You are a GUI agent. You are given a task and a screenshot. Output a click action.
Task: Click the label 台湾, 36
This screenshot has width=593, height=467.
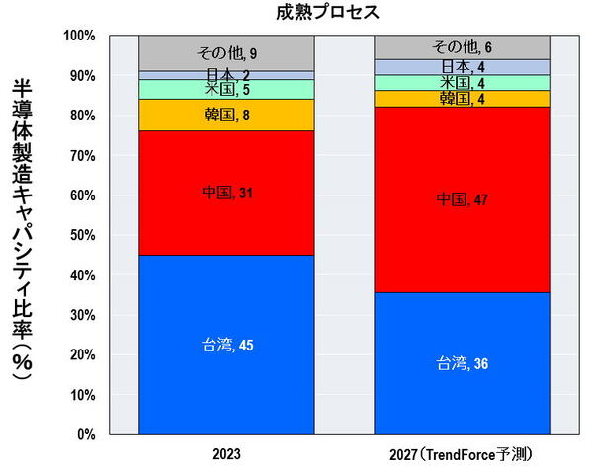[x=463, y=364]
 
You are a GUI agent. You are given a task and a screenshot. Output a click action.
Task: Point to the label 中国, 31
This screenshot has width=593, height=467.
[x=226, y=194]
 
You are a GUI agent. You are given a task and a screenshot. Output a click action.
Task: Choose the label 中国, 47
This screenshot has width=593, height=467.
[x=463, y=200]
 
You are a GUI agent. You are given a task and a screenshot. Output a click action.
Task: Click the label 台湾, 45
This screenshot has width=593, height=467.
[x=226, y=345]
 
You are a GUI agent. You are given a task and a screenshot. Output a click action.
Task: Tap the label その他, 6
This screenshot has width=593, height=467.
[x=463, y=46]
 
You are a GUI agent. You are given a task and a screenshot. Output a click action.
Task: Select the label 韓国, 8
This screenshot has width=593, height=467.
[x=226, y=116]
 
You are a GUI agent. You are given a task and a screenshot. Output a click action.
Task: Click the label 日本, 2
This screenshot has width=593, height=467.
[x=226, y=76]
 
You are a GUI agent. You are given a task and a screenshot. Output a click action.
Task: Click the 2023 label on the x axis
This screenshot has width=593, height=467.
[x=226, y=455]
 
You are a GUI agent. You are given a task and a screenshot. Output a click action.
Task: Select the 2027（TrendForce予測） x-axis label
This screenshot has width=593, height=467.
[x=462, y=455]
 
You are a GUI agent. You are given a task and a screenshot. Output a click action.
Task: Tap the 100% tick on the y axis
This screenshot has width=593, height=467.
[x=78, y=36]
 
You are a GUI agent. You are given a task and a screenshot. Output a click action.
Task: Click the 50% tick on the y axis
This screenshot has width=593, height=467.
[x=81, y=235]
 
